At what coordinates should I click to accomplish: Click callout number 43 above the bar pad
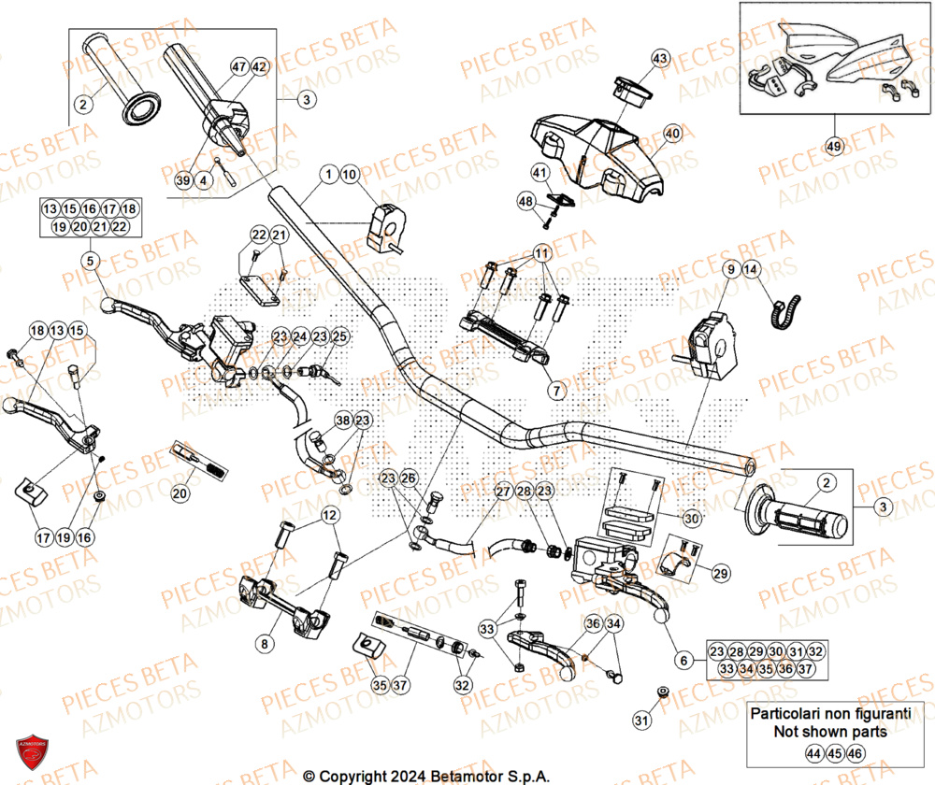tap(660, 59)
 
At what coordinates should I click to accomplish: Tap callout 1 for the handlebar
tap(328, 174)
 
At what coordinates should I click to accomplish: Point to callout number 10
tap(349, 174)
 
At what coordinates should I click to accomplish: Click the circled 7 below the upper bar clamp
tap(555, 391)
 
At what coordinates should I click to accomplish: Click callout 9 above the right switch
tap(729, 270)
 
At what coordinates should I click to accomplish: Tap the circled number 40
tap(671, 135)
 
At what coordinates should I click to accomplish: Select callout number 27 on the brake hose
tap(502, 492)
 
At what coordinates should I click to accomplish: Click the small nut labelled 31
tap(663, 692)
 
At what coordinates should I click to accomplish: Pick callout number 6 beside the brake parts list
tap(683, 661)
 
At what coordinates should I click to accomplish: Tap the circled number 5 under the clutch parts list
tap(89, 261)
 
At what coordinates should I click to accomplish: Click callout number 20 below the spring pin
tap(180, 492)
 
